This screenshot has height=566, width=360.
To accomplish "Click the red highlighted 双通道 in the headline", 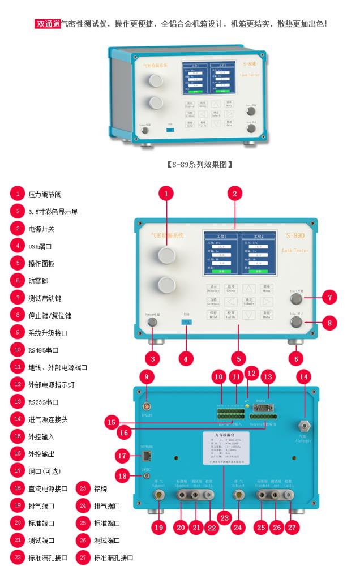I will pyautogui.click(x=48, y=24).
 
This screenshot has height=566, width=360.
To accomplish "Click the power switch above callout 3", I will pyautogui.click(x=152, y=323).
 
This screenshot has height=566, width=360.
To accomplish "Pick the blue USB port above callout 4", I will pyautogui.click(x=186, y=323).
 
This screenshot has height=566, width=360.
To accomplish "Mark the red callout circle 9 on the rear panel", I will pyautogui.click(x=147, y=376).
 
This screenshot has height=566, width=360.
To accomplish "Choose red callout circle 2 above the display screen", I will pyautogui.click(x=235, y=193).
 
